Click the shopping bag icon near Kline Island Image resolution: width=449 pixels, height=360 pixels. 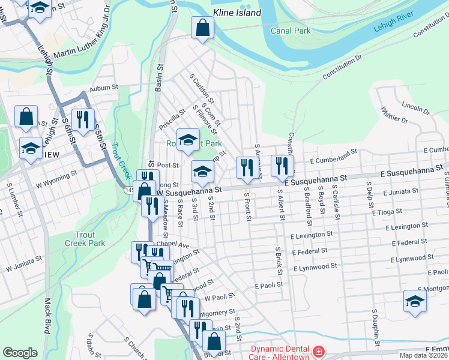click(x=203, y=27)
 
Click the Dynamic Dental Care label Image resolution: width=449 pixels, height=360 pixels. click(x=280, y=353)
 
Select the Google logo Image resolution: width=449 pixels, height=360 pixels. click(x=20, y=353)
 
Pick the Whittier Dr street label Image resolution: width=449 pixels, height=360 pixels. click(x=394, y=115)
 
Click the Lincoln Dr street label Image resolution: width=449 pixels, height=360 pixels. click(x=417, y=108)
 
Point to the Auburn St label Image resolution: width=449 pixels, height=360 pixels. click(x=101, y=88)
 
